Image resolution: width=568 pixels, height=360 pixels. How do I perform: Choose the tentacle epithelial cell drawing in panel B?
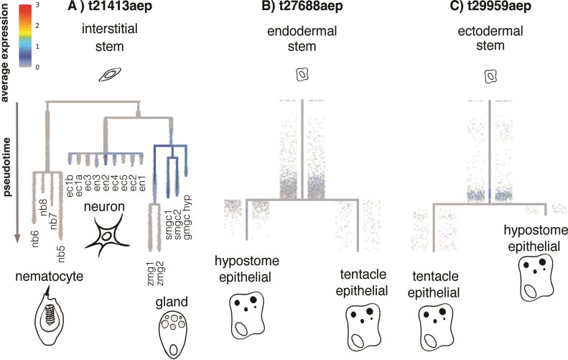[363, 323]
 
